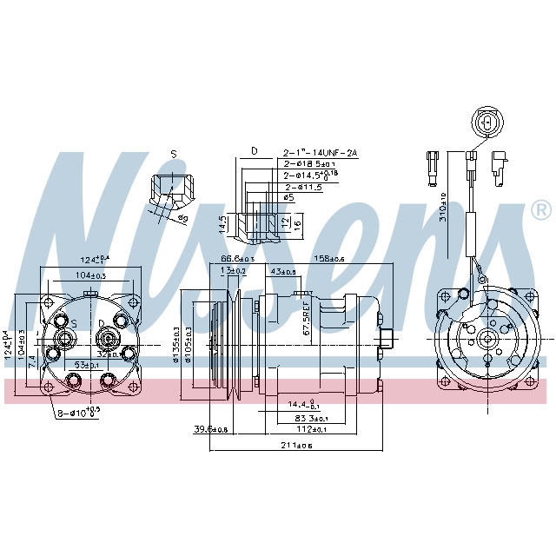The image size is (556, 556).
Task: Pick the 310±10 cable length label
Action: [443, 206]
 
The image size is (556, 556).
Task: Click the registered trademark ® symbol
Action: [540, 210]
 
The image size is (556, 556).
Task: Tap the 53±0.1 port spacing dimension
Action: [85, 365]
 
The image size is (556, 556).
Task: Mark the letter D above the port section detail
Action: [254, 151]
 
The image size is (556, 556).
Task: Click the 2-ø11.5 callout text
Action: [304, 187]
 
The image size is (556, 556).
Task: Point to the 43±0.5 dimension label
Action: [284, 272]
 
